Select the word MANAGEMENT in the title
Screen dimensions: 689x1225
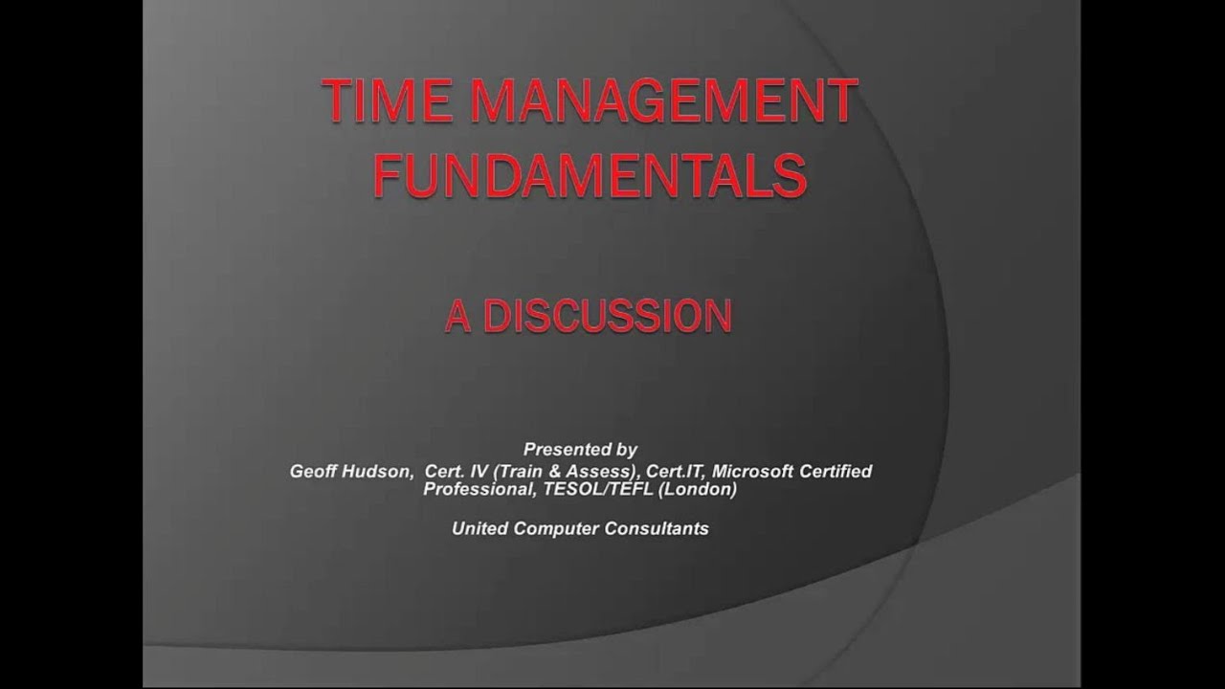click(x=649, y=101)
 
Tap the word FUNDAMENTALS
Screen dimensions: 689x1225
click(x=589, y=175)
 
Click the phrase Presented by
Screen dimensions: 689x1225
click(x=580, y=449)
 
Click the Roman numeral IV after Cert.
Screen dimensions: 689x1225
click(x=475, y=471)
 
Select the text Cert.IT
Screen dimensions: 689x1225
click(x=675, y=471)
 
